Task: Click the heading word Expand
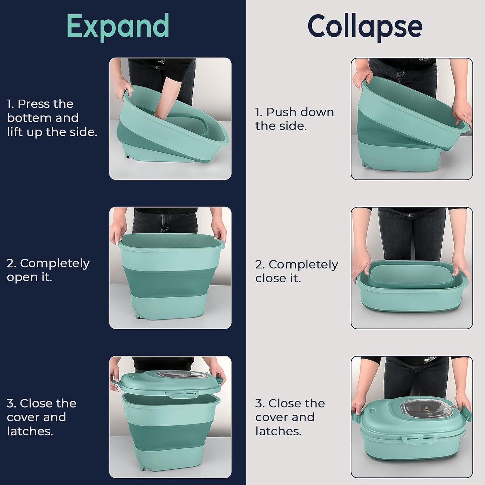(x=118, y=27)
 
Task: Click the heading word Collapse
(x=365, y=27)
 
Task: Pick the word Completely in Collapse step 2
(x=303, y=265)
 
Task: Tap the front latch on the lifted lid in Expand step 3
(x=184, y=394)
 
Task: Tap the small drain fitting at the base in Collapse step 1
(x=365, y=165)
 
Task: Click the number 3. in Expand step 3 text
(x=11, y=403)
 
